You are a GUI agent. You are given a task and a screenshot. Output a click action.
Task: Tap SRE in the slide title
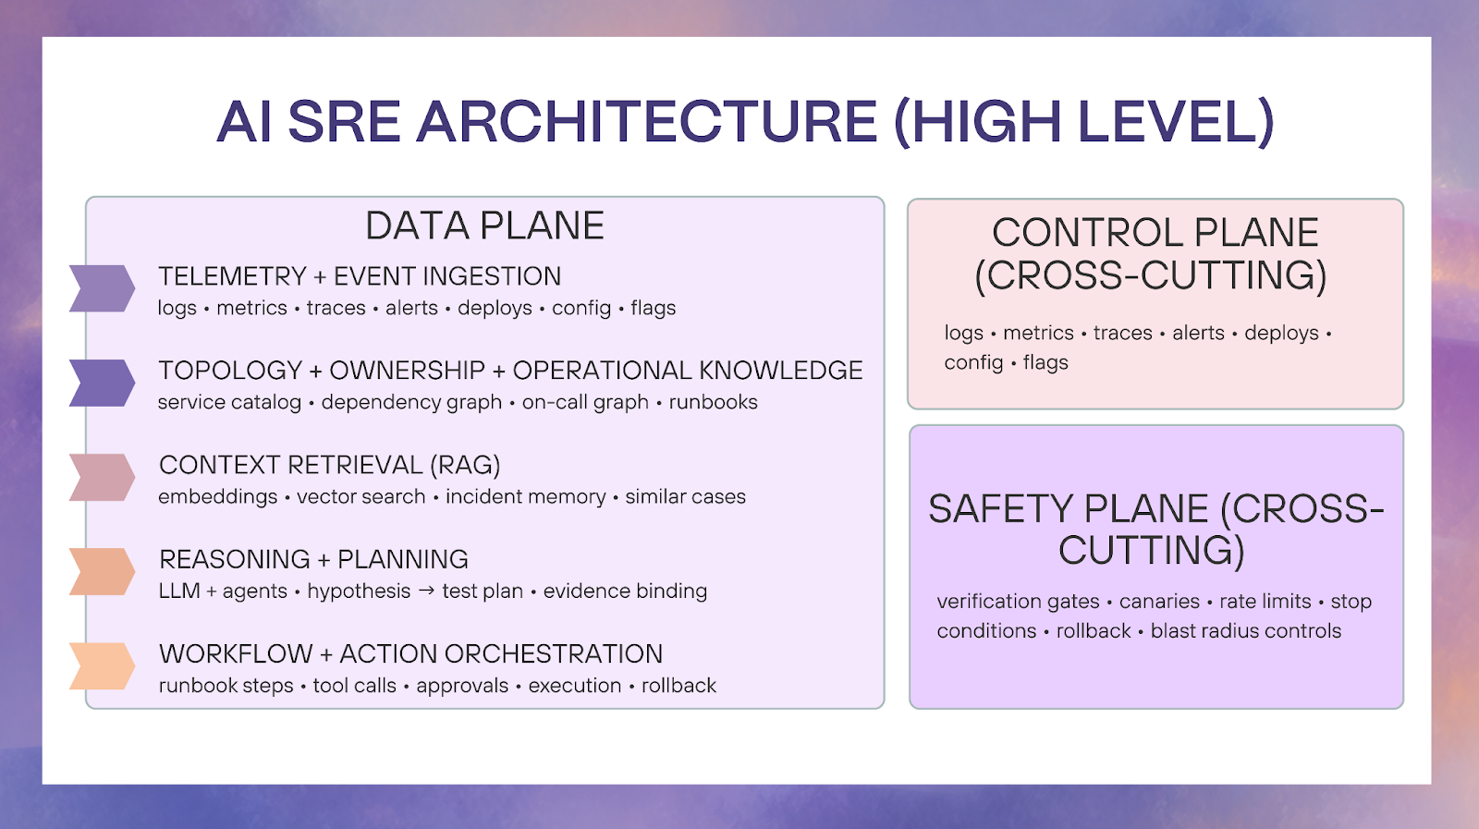coord(344,121)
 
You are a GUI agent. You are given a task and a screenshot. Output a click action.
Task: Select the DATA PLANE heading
coord(484,226)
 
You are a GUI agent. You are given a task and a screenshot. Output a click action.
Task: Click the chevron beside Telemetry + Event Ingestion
coord(103,288)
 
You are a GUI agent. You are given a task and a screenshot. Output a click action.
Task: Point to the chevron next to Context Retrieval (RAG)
coord(103,477)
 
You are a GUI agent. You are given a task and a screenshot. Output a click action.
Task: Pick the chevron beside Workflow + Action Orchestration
coord(103,666)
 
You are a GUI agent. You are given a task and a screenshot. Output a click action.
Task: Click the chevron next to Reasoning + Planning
coord(103,571)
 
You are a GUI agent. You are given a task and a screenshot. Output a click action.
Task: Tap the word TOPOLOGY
coord(230,371)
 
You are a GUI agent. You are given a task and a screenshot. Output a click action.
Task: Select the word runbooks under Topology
coord(713,402)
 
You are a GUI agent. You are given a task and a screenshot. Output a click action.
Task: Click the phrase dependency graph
coord(411,403)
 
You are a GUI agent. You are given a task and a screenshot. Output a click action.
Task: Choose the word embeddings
coord(218,497)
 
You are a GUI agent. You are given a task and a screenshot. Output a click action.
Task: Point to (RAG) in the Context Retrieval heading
coord(465,465)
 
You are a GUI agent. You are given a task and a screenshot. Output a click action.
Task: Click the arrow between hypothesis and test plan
coord(426,590)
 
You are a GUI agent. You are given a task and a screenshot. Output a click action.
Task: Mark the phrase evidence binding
coord(625,591)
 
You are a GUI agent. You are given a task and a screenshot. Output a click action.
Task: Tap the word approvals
coord(462,686)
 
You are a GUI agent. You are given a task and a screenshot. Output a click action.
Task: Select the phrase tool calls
coord(355,686)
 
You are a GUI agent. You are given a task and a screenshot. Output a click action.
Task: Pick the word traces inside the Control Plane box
coord(1122,334)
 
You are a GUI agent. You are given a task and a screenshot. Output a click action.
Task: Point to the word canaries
coord(1159,602)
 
